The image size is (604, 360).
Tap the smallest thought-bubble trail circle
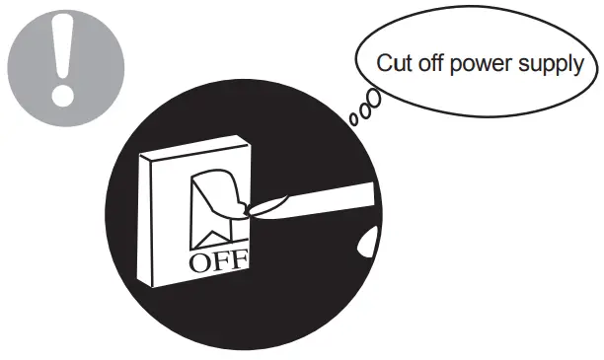point(353,120)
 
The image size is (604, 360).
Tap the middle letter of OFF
point(221,262)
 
